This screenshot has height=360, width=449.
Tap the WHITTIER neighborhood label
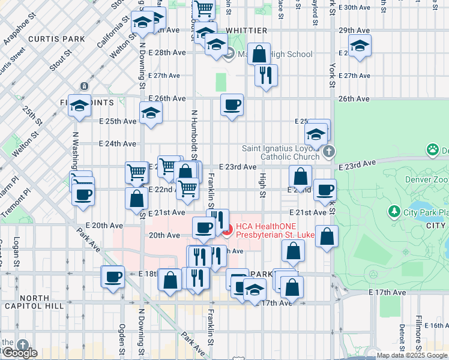247,30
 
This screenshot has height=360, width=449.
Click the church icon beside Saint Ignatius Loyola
328,152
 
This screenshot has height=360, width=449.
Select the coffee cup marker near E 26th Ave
232,106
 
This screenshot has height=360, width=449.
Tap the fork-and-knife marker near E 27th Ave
265,75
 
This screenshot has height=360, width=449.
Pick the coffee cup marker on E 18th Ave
112,277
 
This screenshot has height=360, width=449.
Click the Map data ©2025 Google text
412,355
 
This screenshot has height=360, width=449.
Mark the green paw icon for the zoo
432,149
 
